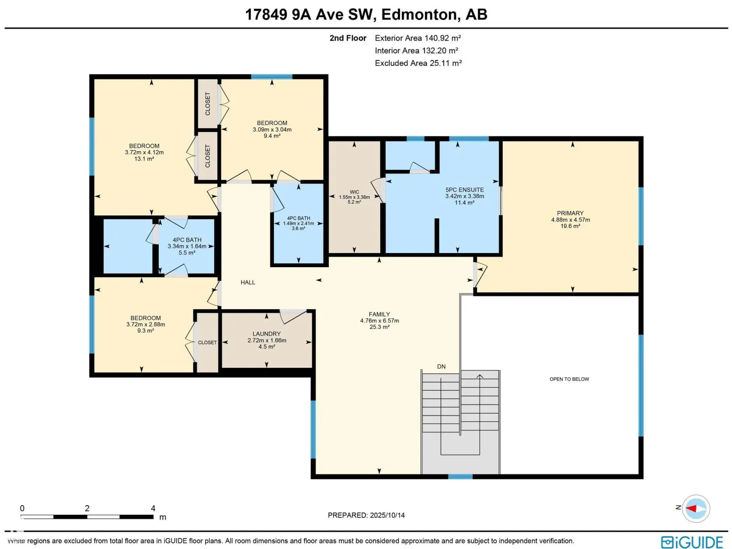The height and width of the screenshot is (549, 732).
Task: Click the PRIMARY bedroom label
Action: [570, 213]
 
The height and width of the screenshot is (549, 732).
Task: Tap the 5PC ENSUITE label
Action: [464, 190]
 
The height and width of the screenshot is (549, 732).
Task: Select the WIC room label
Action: [354, 192]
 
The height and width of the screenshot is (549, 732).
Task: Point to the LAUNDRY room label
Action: [266, 334]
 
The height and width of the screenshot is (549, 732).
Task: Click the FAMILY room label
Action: [379, 314]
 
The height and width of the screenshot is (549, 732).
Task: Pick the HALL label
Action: [248, 282]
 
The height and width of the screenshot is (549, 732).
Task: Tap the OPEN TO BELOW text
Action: [569, 379]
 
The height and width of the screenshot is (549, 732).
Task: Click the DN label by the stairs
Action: [441, 366]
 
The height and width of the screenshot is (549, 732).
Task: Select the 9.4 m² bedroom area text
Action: [272, 136]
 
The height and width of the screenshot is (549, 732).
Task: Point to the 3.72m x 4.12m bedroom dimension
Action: [144, 152]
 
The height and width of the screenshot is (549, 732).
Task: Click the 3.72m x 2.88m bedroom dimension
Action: [145, 324]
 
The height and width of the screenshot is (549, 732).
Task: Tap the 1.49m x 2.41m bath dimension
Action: [298, 223]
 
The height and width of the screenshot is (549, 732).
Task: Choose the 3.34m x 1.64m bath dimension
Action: [187, 246]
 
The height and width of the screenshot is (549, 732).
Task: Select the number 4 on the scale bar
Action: [153, 508]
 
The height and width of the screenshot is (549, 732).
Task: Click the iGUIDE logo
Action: [692, 542]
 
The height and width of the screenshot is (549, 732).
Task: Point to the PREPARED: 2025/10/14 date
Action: [366, 515]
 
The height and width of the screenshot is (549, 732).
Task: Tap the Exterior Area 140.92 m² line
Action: [418, 38]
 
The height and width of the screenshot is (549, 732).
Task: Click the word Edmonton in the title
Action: [419, 14]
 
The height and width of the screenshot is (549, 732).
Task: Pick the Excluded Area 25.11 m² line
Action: [418, 63]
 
